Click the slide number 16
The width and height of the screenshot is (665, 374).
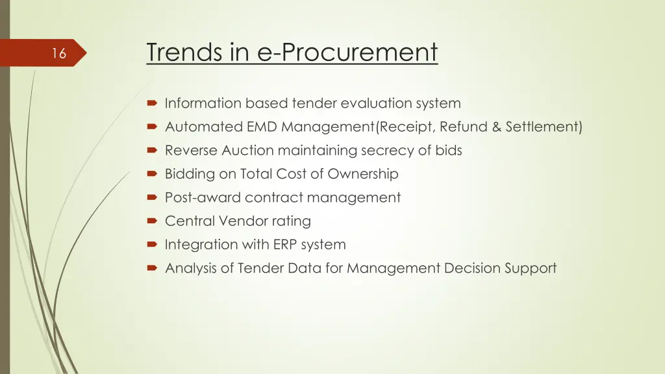[59, 54]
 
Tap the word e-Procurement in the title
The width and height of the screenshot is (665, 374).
[348, 52]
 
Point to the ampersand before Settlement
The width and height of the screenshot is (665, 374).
[497, 127]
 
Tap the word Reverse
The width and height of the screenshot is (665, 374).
[191, 151]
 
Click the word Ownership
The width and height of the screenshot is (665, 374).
[363, 174]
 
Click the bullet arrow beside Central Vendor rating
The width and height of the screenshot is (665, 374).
[152, 221]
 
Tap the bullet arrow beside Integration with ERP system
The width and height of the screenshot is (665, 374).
[152, 245]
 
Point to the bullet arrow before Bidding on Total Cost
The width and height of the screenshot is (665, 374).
[152, 174]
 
